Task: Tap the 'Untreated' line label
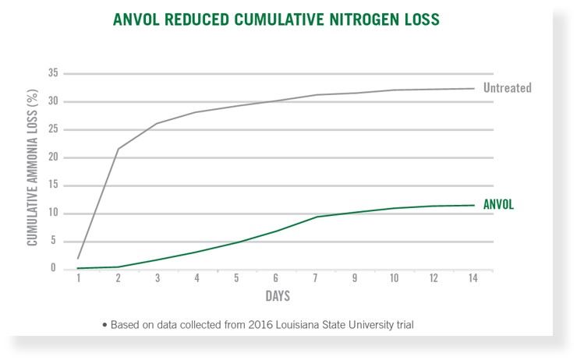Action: (x=507, y=88)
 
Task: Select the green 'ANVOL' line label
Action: (x=498, y=205)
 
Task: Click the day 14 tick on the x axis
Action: (x=473, y=280)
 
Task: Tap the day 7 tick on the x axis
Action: (x=317, y=280)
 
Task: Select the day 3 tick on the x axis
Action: (x=158, y=280)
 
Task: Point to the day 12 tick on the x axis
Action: (x=434, y=280)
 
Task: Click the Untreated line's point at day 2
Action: (x=118, y=149)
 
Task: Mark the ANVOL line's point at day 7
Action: (x=317, y=217)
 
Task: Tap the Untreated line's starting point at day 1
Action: (x=79, y=258)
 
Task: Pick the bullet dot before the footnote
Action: (x=104, y=324)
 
